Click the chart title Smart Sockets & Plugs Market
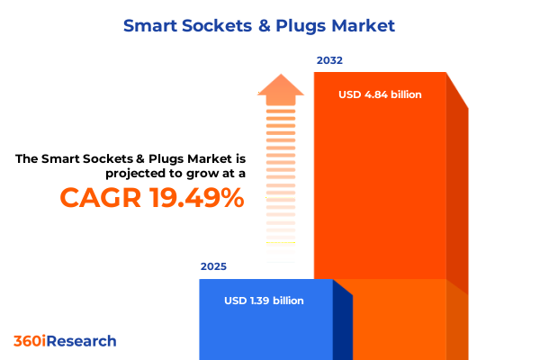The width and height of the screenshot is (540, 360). [x=258, y=26]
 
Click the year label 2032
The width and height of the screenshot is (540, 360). [x=329, y=61]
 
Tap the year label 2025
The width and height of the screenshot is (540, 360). [x=213, y=266]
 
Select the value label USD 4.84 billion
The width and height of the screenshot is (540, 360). [x=380, y=94]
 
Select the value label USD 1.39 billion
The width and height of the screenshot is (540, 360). [x=264, y=301]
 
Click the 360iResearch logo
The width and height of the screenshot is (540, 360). [x=65, y=341]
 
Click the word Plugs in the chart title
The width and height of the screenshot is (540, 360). [x=306, y=26]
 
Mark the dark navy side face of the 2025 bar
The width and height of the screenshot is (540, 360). [x=342, y=319]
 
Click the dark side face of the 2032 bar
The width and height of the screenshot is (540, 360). [x=457, y=198]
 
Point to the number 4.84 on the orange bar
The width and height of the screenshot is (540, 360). [x=376, y=94]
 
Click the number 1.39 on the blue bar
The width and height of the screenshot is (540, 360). [x=260, y=301]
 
